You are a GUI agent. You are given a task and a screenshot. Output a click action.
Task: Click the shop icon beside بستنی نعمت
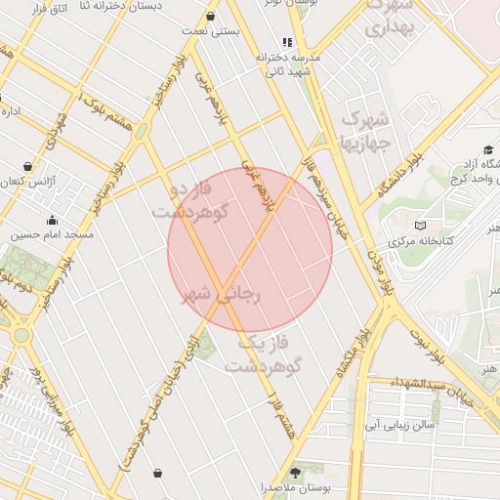point(212,16)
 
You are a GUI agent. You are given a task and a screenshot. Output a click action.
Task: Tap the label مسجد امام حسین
point(53,235)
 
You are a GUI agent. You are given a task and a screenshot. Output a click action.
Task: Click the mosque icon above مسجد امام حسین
point(52,220)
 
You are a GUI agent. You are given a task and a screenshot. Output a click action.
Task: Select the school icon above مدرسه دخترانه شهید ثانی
point(286,42)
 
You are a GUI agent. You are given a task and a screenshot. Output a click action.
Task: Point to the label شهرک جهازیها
point(363,132)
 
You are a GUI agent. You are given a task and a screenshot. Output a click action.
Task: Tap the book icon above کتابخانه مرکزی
point(421,226)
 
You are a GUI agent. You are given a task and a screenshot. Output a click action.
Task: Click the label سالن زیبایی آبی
point(399,425)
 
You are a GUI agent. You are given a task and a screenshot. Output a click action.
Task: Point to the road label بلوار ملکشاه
point(354,353)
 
